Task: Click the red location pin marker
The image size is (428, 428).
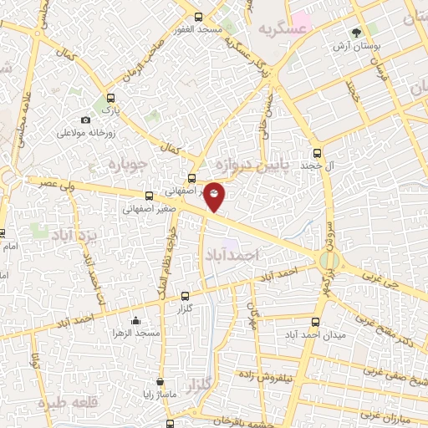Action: tap(215, 196)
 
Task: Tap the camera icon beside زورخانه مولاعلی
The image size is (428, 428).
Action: tap(85, 120)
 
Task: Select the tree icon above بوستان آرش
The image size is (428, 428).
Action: tap(357, 33)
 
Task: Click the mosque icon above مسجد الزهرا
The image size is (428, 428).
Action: tap(135, 320)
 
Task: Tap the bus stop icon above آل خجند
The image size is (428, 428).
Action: tap(316, 153)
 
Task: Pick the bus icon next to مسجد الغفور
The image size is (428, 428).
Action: tap(198, 17)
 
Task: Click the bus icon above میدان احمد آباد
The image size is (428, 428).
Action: tap(314, 322)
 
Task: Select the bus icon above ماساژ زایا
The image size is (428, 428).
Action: tap(160, 381)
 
